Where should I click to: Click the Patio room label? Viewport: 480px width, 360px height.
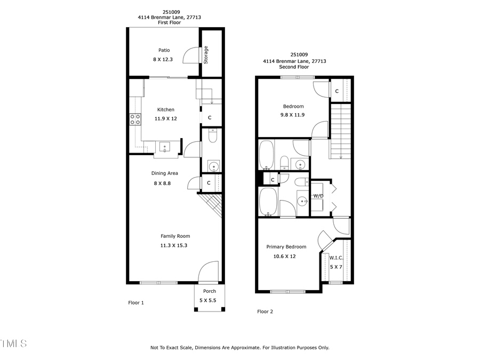(164, 50)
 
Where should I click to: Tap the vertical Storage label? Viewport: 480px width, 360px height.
(206, 55)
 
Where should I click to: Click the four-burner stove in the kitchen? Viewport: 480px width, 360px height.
(135, 119)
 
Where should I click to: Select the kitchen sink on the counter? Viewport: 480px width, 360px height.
(164, 147)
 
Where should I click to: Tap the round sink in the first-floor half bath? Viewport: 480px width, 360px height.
(214, 166)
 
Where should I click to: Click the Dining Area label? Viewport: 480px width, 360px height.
(165, 173)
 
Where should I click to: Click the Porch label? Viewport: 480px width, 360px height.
(209, 291)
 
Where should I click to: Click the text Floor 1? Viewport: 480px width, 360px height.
(136, 302)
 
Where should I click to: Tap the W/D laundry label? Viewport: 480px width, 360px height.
(318, 196)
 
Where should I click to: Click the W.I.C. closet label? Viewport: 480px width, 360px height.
(336, 258)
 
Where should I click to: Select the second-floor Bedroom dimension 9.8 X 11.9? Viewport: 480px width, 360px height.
(293, 115)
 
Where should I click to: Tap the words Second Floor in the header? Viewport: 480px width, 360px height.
(294, 67)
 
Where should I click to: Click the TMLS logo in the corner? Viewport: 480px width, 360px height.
(13, 343)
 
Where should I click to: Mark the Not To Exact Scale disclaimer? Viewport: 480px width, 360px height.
(239, 347)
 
